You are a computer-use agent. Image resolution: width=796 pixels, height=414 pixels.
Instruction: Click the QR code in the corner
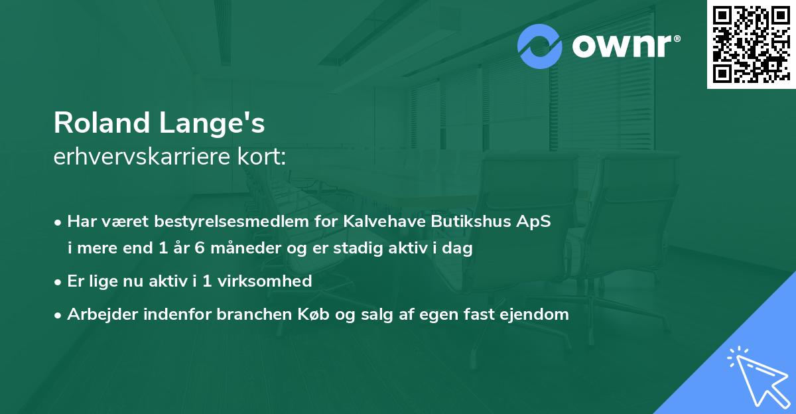(751, 44)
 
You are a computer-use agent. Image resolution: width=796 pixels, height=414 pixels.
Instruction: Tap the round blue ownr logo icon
(540, 46)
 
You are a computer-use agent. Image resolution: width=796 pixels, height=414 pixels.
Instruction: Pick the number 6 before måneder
(184, 249)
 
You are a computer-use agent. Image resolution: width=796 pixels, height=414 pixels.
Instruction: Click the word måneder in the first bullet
(226, 249)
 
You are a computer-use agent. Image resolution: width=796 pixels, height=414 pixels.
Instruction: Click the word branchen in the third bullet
(251, 314)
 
